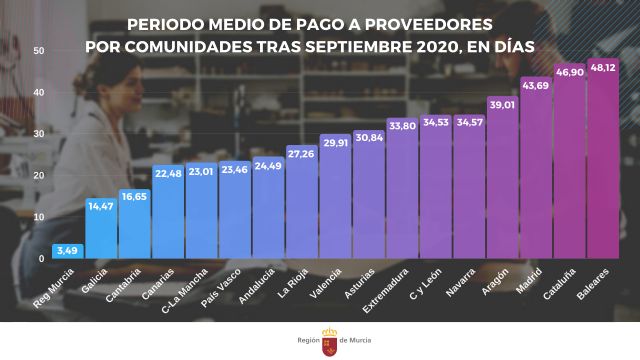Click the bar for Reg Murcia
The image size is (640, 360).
(x=67, y=252)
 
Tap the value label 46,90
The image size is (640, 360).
(x=569, y=73)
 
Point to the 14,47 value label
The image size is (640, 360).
(x=101, y=205)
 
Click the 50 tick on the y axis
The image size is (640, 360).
(x=39, y=51)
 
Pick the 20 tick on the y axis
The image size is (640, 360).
(x=39, y=176)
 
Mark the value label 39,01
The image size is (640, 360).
(x=502, y=104)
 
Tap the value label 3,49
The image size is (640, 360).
(x=67, y=250)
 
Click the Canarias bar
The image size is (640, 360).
(x=167, y=215)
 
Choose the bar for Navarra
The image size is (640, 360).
(x=469, y=190)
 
